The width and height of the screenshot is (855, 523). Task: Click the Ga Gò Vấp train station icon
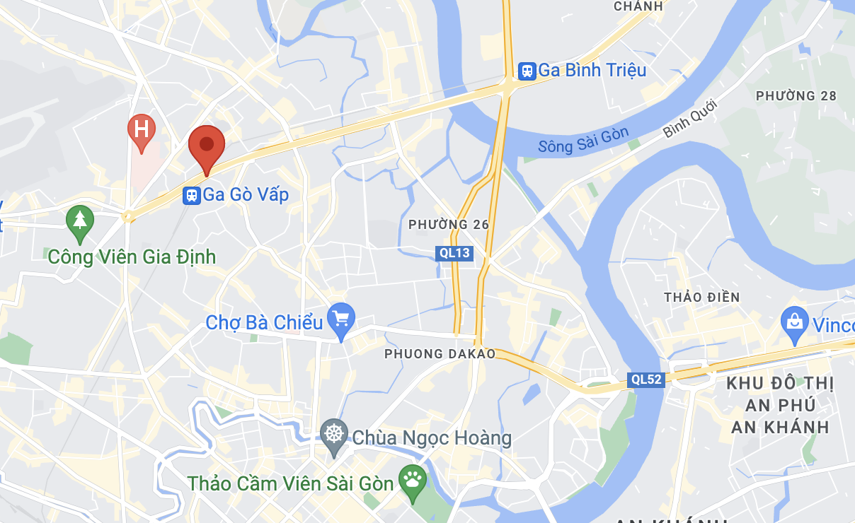(x=191, y=195)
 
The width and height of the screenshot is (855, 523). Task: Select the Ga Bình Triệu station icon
(x=527, y=70)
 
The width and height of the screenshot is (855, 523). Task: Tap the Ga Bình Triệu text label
(x=592, y=70)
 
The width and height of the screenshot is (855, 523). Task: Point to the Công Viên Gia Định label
(x=132, y=257)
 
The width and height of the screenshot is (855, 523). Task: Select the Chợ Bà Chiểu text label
(x=264, y=323)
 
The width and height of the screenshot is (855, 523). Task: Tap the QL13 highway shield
(x=454, y=253)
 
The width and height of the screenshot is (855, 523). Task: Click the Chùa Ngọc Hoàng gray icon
(x=333, y=433)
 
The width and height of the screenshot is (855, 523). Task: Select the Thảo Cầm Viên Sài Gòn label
(x=290, y=484)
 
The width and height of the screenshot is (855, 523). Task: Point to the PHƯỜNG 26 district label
(x=449, y=225)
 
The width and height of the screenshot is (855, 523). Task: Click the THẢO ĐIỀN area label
(x=701, y=298)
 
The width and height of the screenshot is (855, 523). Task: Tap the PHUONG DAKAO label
(x=440, y=354)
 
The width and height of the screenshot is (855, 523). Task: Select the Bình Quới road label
(x=690, y=119)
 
